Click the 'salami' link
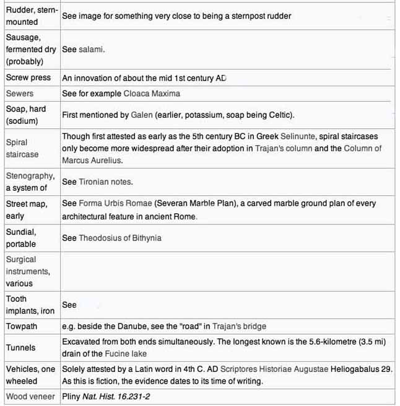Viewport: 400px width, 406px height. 92,49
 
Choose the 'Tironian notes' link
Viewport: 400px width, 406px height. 105,182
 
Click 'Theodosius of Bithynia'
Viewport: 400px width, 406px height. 120,238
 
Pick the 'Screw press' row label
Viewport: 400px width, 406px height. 28,78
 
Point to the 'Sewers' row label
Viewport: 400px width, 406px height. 20,94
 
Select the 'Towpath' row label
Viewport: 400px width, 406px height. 24,326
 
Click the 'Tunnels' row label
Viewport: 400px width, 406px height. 21,348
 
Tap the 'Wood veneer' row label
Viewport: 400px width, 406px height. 31,397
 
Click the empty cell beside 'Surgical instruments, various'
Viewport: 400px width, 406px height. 227,271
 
